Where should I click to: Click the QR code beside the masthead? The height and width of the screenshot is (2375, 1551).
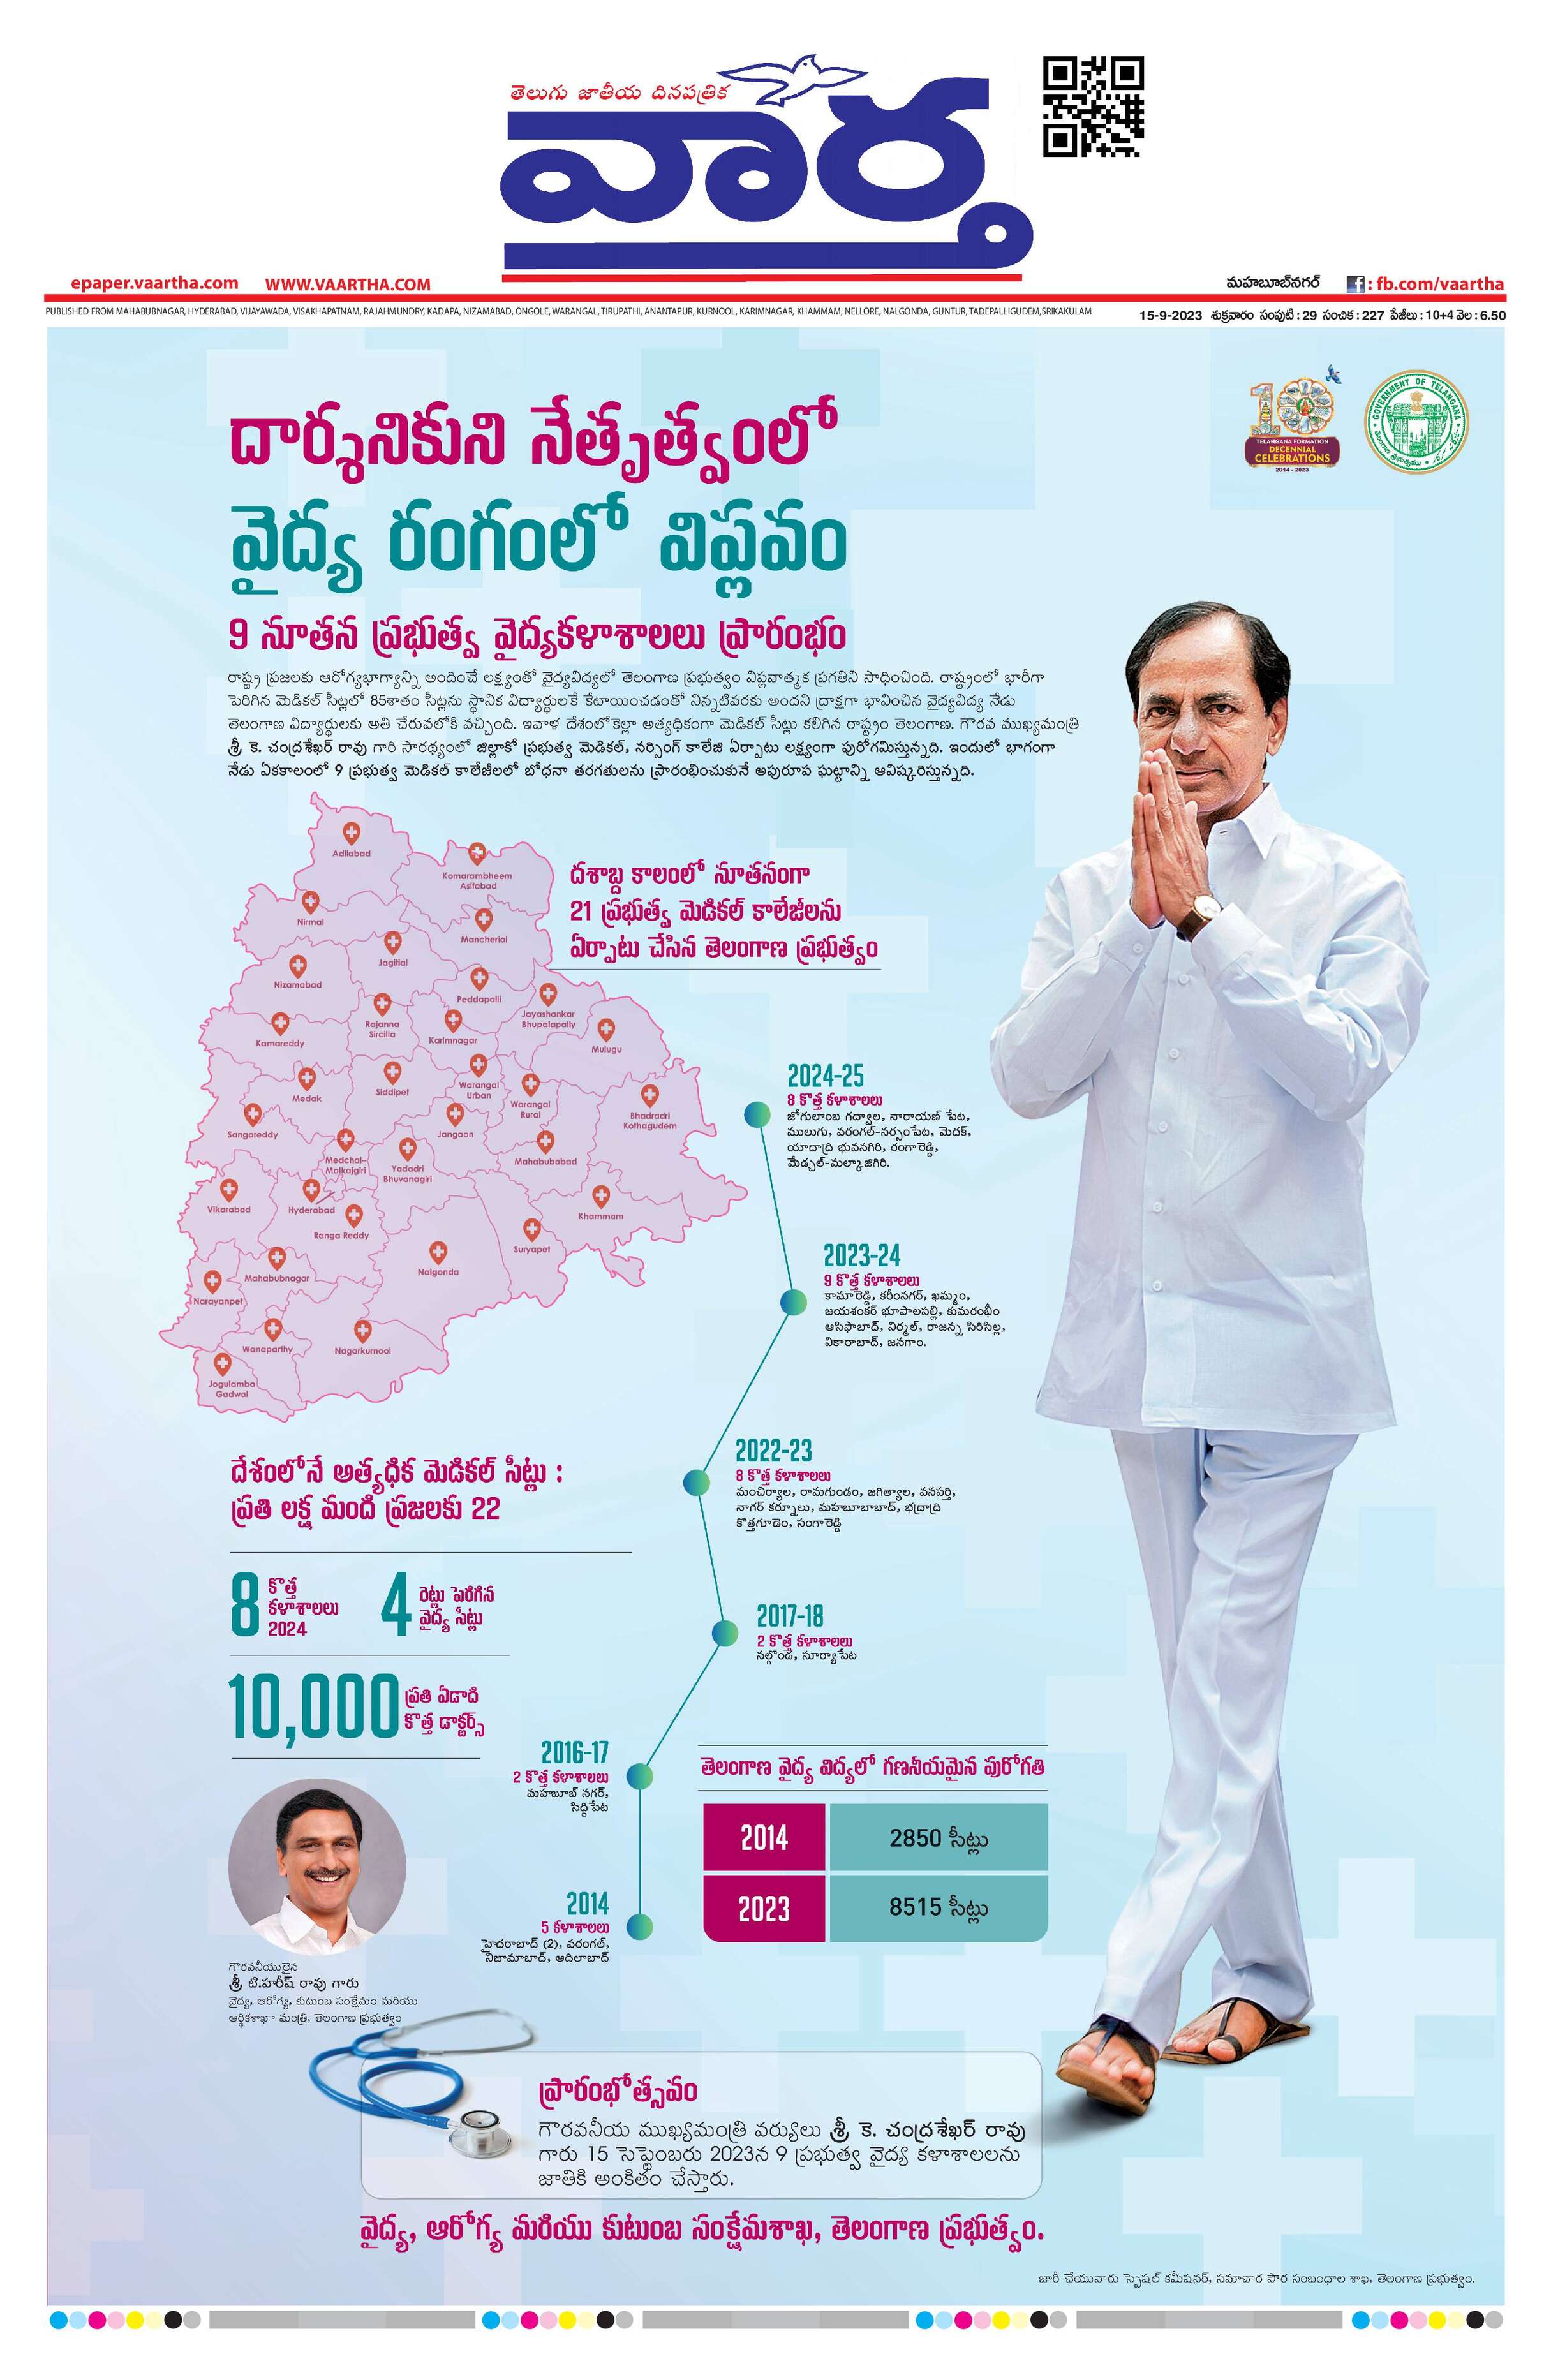[x=1093, y=107]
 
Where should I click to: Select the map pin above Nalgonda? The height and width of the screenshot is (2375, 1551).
[x=437, y=1254]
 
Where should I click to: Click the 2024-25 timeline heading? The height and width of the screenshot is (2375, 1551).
[x=826, y=1076]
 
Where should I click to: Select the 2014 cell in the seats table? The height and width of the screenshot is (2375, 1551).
[x=764, y=1837]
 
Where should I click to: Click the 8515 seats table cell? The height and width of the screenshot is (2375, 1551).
[x=938, y=1907]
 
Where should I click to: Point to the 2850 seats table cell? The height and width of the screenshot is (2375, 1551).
[x=938, y=1837]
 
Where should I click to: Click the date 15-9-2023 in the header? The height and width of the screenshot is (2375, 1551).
[x=1172, y=315]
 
